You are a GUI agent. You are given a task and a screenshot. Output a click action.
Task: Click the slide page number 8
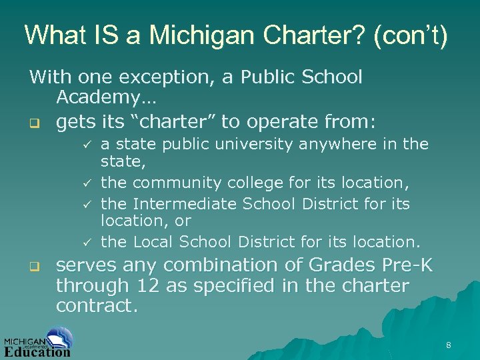[x=449, y=345]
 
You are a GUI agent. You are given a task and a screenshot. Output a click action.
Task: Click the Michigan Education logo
[x=38, y=342]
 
